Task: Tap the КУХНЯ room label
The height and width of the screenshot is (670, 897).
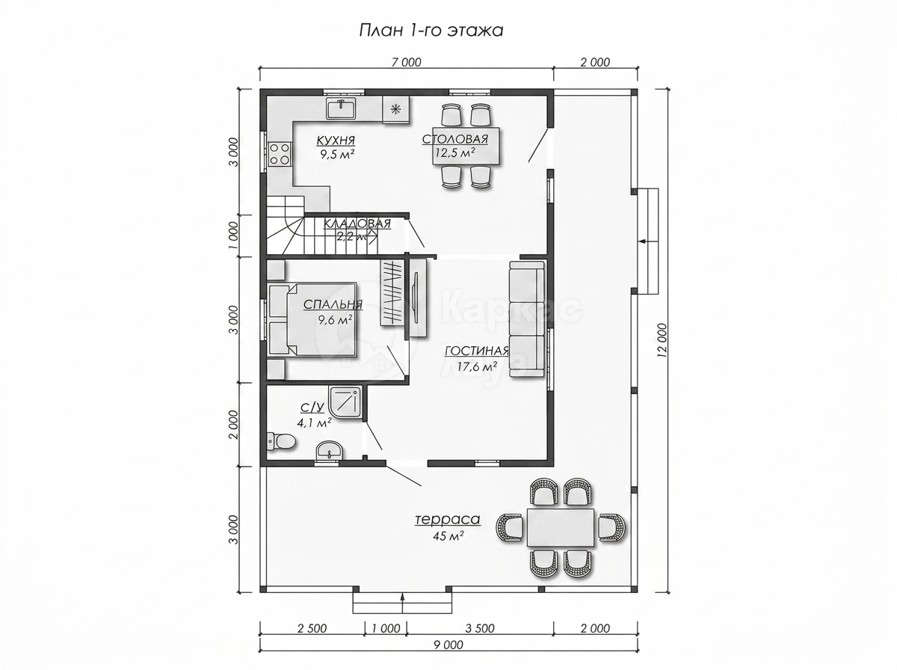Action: [336, 141]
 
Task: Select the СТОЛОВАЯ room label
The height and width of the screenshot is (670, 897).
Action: [454, 139]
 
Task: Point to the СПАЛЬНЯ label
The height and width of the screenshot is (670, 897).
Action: [333, 304]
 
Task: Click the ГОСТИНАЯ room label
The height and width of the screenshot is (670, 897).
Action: [476, 351]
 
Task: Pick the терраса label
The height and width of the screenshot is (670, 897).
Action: [448, 519]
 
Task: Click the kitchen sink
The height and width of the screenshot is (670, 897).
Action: [341, 108]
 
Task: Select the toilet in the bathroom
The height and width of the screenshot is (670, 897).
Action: [282, 441]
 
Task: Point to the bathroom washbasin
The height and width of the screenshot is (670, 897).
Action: [330, 450]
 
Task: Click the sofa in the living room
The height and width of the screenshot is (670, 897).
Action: [527, 319]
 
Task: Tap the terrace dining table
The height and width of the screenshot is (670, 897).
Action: [561, 527]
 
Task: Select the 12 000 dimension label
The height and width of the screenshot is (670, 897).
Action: [662, 338]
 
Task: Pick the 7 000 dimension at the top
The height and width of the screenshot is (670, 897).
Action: [406, 62]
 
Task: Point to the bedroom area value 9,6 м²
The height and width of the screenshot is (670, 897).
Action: [336, 319]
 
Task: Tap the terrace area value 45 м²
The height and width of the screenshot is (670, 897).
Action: [448, 535]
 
